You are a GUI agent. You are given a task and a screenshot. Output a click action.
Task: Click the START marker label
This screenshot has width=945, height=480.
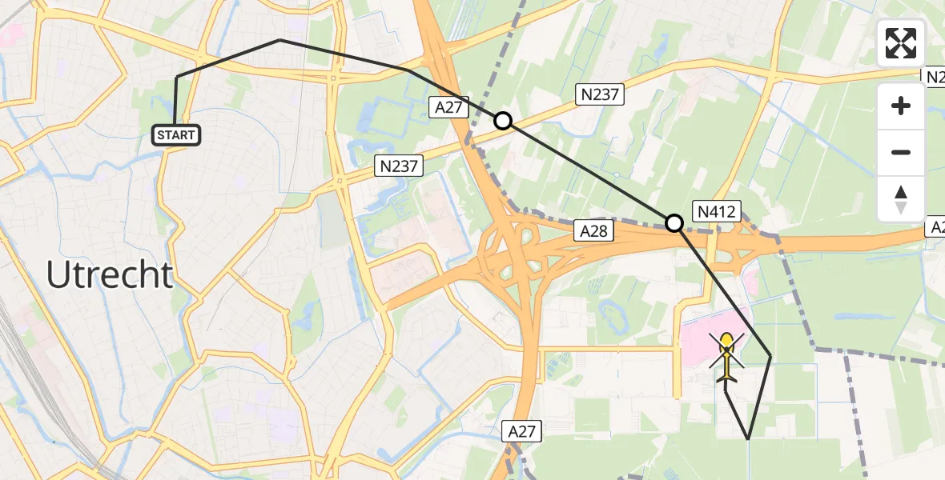[176, 135]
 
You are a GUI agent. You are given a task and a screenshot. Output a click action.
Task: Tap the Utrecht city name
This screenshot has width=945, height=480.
[110, 275]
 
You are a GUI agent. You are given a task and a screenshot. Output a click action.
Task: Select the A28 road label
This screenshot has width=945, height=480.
[592, 231]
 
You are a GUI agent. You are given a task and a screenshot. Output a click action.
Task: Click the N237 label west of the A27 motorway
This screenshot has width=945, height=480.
[399, 166]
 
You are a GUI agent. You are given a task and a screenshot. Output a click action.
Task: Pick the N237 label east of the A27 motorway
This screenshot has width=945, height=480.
[600, 95]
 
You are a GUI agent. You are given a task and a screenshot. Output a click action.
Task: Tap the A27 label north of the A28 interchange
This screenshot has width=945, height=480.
[449, 108]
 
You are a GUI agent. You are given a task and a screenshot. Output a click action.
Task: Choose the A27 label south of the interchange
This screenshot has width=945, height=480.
[523, 432]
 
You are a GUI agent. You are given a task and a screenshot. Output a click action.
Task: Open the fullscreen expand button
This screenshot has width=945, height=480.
[901, 43]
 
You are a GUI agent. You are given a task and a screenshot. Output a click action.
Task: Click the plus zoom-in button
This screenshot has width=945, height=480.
[901, 106]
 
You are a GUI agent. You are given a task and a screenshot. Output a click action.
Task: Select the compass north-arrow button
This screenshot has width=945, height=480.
[901, 199]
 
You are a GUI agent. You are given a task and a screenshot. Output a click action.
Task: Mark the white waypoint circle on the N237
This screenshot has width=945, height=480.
[502, 121]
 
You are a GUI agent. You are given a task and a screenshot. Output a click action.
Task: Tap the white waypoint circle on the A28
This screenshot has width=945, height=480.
[674, 223]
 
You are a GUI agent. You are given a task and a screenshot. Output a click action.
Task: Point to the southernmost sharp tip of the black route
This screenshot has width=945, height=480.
[747, 438]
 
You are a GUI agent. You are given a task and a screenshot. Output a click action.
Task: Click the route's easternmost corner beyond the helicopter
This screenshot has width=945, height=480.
[770, 355]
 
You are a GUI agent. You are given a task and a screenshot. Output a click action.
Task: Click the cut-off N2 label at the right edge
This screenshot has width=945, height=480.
[934, 77]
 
